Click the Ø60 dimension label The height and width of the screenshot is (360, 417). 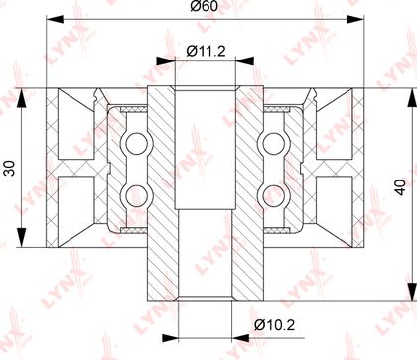tap(205, 6)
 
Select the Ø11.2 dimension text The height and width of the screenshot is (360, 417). tap(206, 51)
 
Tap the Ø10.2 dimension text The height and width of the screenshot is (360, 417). tap(274, 325)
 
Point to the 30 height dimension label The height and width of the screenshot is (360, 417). tap(10, 168)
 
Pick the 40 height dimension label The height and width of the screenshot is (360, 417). tap(400, 187)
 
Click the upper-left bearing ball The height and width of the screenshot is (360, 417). tap(136, 143)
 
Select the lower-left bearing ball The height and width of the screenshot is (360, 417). tap(136, 195)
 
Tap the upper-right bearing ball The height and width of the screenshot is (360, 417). tap(274, 143)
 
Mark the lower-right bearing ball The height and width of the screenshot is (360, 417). tap(274, 195)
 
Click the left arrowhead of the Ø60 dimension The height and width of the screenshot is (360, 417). tap(55, 19)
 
